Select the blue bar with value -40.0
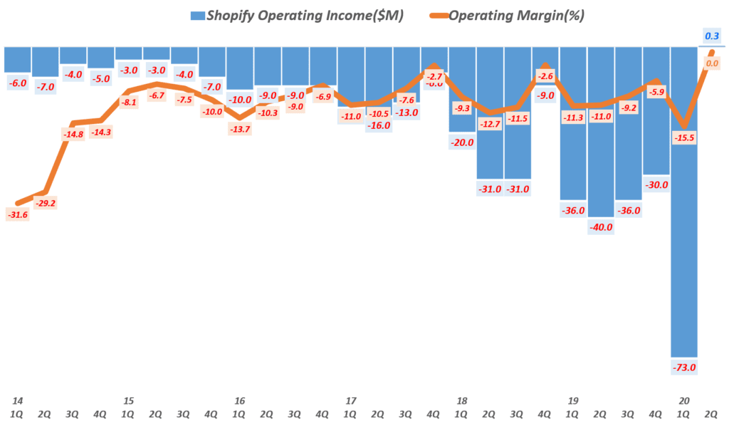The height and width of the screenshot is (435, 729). point(601,132)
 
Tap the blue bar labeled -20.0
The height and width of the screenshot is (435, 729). point(462,89)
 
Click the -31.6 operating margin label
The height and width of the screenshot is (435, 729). point(18,214)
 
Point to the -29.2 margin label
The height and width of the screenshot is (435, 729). point(46,203)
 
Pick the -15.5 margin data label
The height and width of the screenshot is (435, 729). point(684,137)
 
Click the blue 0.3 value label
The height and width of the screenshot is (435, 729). point(711,35)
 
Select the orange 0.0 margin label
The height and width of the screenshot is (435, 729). point(711,64)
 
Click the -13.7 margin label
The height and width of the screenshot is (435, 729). point(240,128)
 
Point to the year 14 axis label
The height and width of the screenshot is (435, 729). point(18,400)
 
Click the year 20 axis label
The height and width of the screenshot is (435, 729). point(684,400)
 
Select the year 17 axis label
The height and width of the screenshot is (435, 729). point(351,400)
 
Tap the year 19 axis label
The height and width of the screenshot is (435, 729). point(573,400)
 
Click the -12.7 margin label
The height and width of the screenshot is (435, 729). point(490,124)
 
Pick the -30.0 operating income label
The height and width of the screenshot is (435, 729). point(656,185)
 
